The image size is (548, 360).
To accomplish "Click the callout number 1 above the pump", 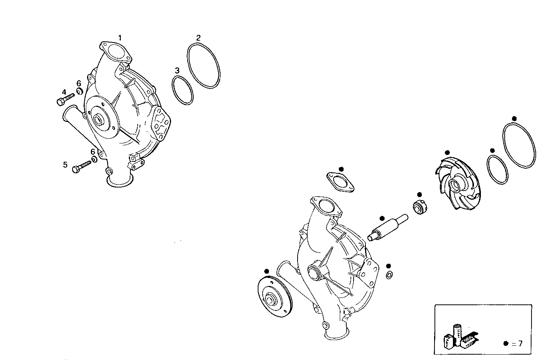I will [x=120, y=38].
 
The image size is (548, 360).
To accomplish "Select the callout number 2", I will [x=198, y=38].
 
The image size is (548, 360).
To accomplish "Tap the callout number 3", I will [x=177, y=71].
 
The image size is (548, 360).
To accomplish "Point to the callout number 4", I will [x=64, y=92].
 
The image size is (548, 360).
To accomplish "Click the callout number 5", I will [x=65, y=165].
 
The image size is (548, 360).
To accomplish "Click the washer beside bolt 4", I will [x=80, y=91].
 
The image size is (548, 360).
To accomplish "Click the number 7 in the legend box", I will [x=520, y=344].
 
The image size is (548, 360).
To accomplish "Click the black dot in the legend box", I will [x=506, y=344].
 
